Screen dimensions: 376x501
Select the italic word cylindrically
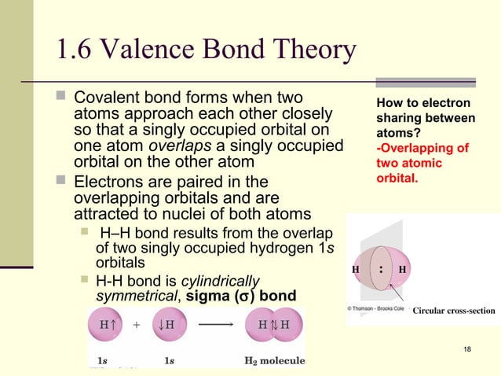coord(221,282)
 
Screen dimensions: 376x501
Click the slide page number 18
coord(468,348)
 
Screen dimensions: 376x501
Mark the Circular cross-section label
coord(454,311)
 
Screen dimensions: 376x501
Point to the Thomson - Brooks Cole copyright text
coord(376,310)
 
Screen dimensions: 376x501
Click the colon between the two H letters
coord(381,267)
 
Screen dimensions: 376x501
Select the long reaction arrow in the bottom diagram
coord(211,325)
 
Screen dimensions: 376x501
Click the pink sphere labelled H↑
coord(104,324)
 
